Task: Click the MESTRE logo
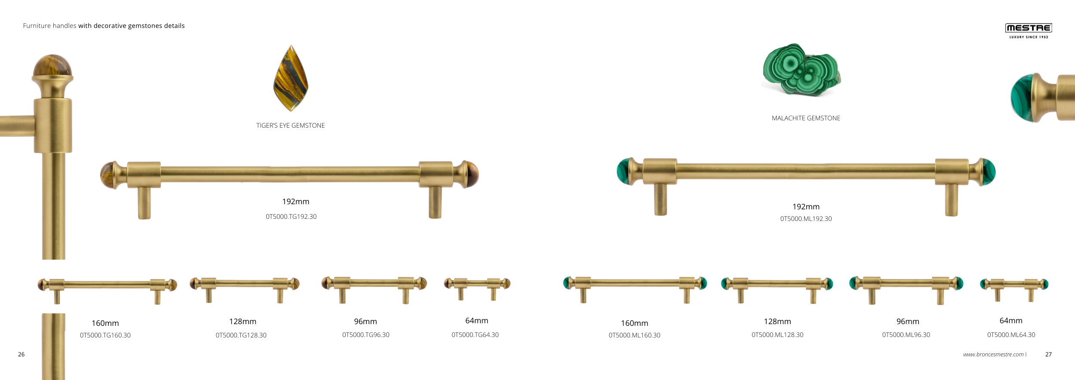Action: (x=1029, y=31)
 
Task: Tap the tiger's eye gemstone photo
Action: (x=291, y=78)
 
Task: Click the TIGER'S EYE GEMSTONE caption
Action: (x=291, y=126)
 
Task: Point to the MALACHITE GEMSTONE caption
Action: (x=806, y=118)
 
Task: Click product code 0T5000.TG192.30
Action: (x=291, y=217)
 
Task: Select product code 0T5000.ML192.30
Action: (x=806, y=219)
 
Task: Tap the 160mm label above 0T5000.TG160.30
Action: (x=105, y=323)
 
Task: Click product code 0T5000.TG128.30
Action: (x=241, y=335)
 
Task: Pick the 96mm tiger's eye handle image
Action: (x=374, y=289)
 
